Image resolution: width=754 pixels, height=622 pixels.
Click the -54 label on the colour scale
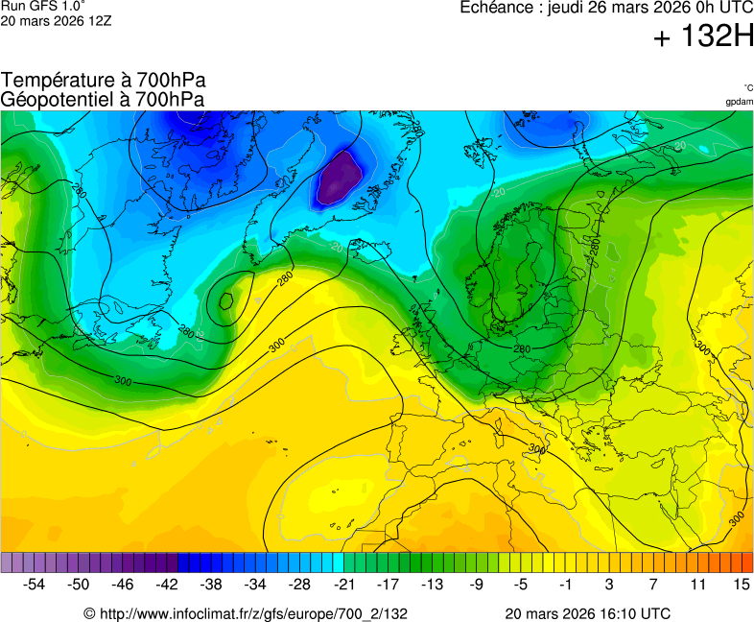(35, 584)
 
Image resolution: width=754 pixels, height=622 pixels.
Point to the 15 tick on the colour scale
(741, 584)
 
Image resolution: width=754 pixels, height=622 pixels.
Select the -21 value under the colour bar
(343, 584)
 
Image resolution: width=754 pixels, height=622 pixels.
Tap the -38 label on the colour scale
(211, 584)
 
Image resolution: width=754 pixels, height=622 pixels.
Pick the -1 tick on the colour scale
(565, 584)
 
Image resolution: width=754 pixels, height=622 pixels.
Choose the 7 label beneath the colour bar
(652, 584)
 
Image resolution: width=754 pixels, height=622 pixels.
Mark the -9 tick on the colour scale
(477, 584)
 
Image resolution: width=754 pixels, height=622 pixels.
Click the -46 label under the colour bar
(123, 584)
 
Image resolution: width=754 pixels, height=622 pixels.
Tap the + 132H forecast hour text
(703, 37)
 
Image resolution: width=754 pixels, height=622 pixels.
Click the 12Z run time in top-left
(99, 20)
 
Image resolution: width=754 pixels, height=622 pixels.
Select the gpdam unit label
(739, 101)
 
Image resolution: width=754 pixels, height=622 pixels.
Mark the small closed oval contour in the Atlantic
(226, 300)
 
